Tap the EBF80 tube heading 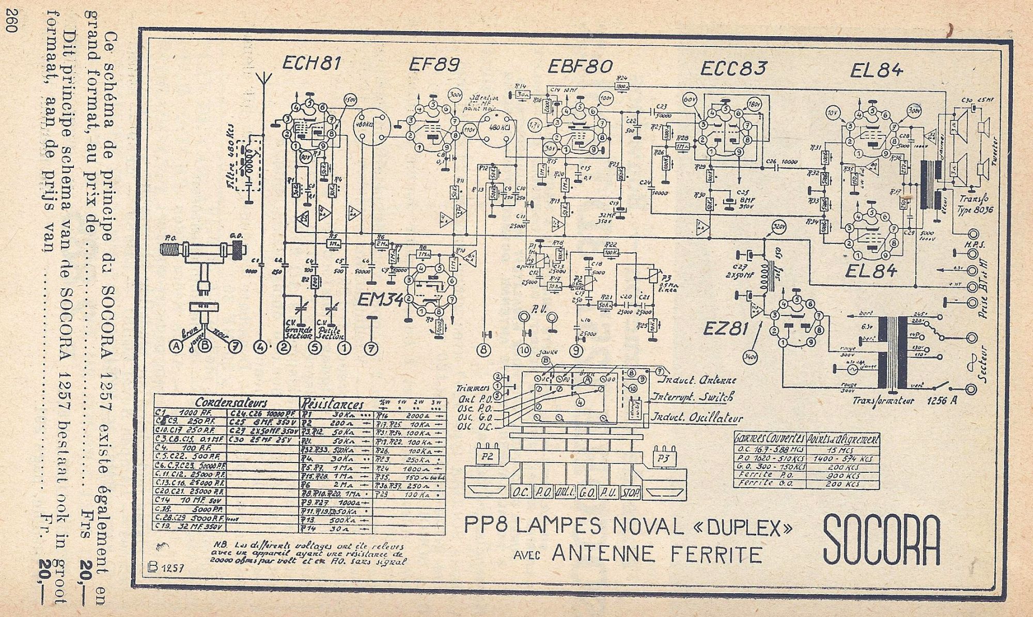coord(580,66)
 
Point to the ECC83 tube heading coord(733,68)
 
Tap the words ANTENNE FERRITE coord(657,554)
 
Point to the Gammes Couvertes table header coord(770,439)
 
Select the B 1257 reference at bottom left coord(164,567)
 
